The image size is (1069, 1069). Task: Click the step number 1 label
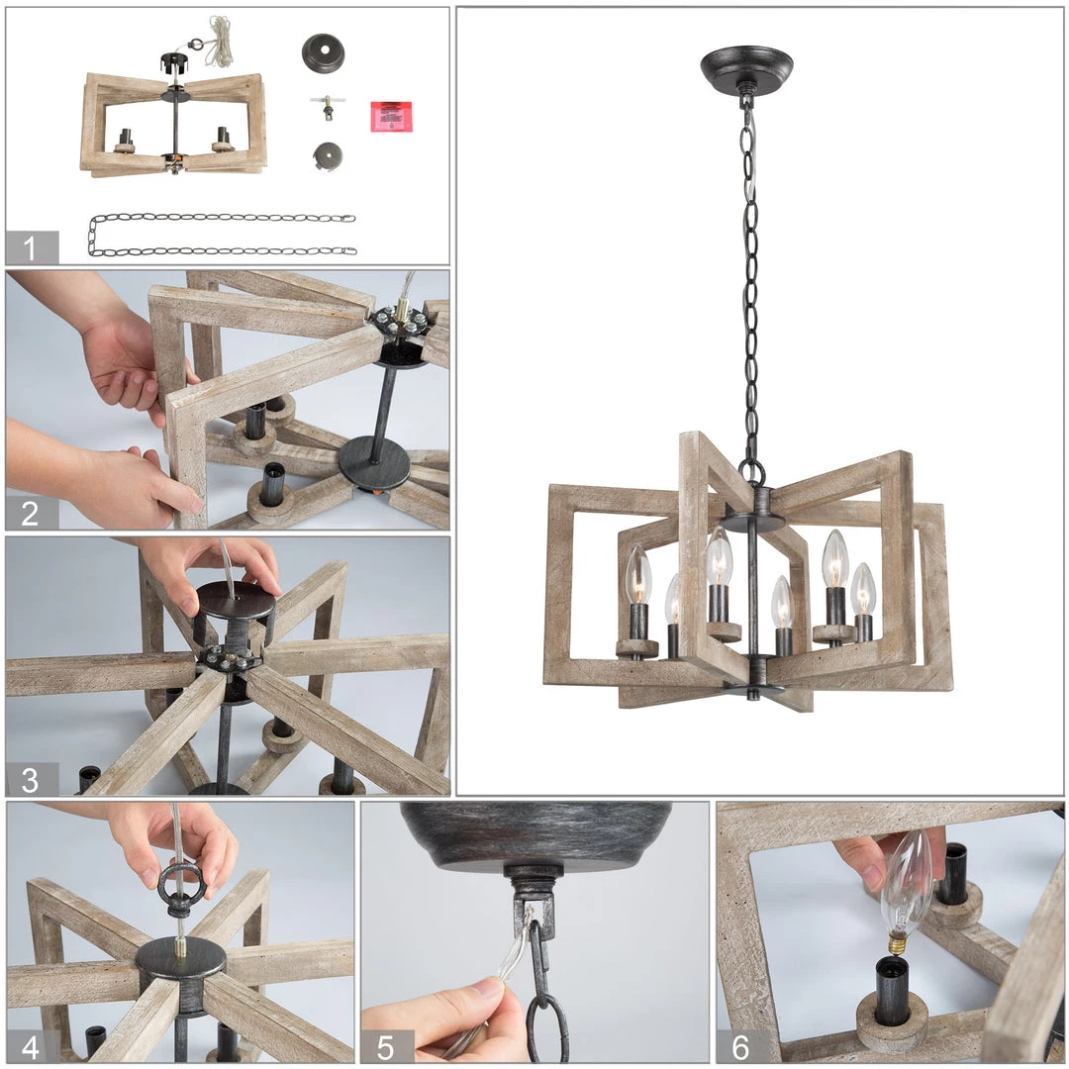coord(30,248)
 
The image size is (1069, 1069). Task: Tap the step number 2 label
coord(30,514)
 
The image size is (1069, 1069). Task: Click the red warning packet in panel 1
coord(391,116)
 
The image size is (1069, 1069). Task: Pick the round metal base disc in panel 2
coord(374,463)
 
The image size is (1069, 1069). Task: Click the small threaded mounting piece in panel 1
coord(328,106)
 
